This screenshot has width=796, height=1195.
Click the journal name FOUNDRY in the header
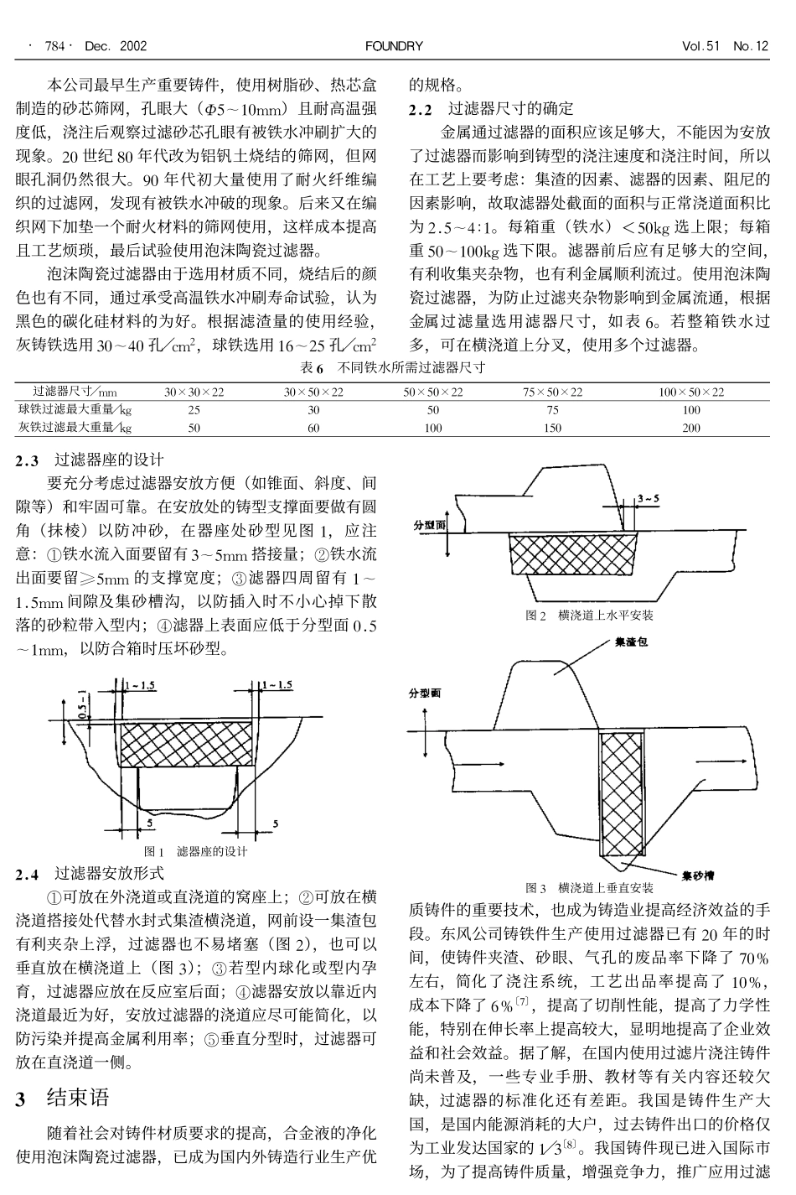tap(394, 46)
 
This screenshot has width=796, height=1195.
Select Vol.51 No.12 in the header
tap(725, 46)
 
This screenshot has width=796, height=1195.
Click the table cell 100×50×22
tap(690, 392)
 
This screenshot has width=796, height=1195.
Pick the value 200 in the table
tap(690, 428)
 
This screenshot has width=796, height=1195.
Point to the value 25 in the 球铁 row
tap(194, 410)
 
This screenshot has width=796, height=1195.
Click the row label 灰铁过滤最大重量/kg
tap(75, 428)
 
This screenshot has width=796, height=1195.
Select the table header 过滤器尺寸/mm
tap(75, 392)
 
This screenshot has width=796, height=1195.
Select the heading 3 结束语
tap(64, 1099)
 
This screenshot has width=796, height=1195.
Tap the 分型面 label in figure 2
tap(430, 526)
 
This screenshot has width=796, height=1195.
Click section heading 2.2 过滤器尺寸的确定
tap(491, 108)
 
